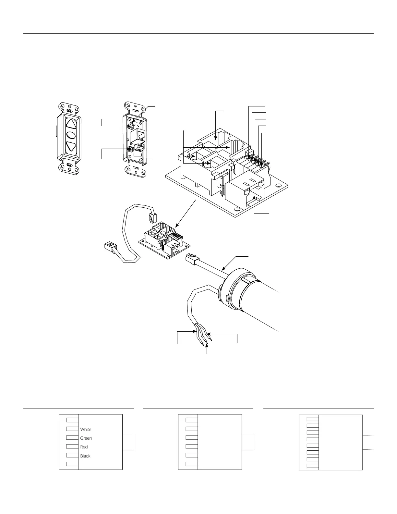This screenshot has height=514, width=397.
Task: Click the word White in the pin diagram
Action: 86,429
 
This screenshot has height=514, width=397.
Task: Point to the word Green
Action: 86,438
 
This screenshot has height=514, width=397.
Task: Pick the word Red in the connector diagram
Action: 84,447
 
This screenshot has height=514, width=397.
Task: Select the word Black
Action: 85,456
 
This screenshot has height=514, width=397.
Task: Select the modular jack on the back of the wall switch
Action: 140,134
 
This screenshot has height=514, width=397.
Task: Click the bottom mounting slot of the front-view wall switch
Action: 69,166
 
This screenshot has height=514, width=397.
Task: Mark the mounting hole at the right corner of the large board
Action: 278,186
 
